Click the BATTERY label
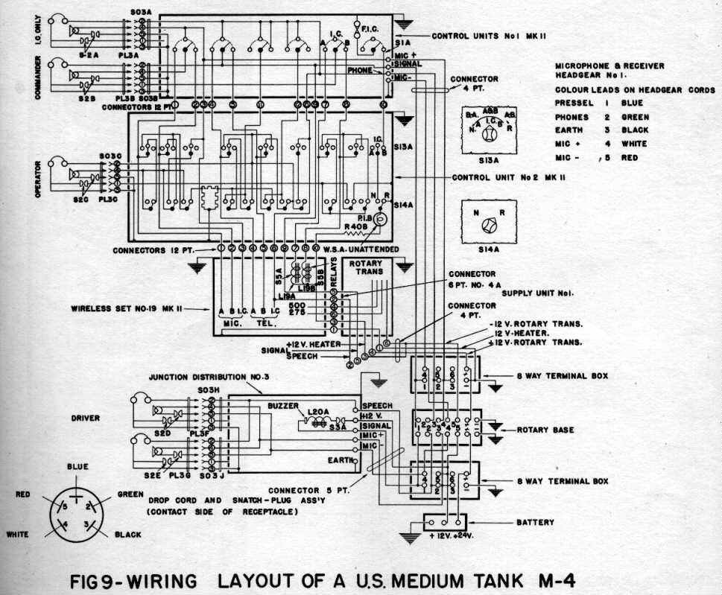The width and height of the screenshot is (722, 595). pyautogui.click(x=535, y=523)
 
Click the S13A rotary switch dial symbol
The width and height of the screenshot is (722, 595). pyautogui.click(x=487, y=136)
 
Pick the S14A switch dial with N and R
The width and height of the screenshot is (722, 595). pyautogui.click(x=487, y=226)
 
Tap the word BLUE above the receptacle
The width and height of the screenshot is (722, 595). pyautogui.click(x=77, y=467)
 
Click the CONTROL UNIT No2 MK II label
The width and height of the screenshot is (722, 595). pyautogui.click(x=509, y=178)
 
